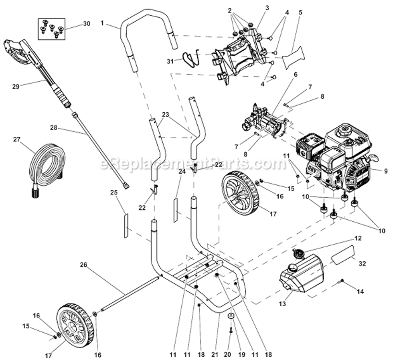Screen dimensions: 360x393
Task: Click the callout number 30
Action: coord(86,24)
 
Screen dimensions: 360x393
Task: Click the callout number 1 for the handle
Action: coord(102,23)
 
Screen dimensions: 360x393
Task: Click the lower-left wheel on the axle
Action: coord(74,324)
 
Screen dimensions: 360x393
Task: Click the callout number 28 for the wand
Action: coord(53,128)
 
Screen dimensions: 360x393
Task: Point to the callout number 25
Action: coord(114,192)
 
